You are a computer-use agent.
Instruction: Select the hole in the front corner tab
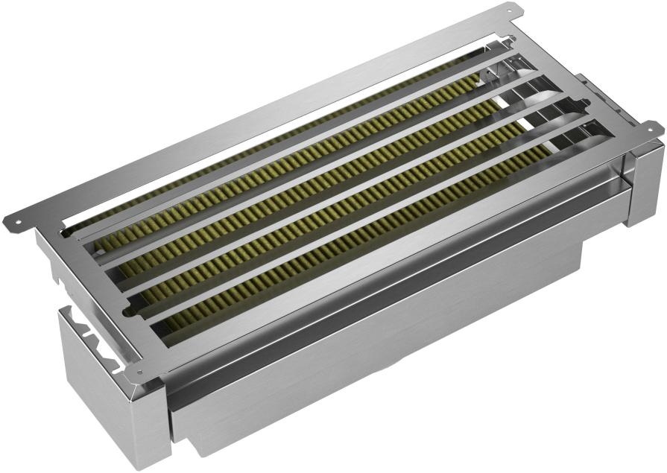click(139, 372)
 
